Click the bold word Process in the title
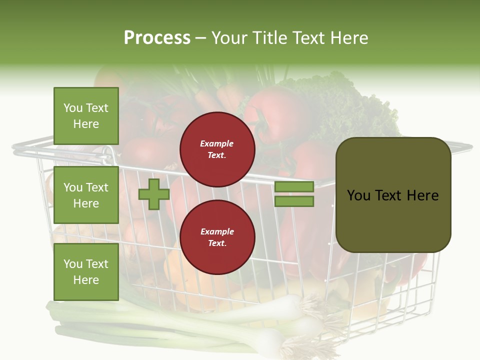pyautogui.click(x=157, y=38)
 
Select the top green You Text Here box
pyautogui.click(x=86, y=116)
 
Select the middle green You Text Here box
pyautogui.click(x=86, y=195)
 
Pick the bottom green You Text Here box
pyautogui.click(x=86, y=272)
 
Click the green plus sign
pyautogui.click(x=154, y=194)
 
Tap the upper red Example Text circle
pyautogui.click(x=217, y=149)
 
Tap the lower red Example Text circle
pyautogui.click(x=217, y=237)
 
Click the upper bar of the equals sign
pyautogui.click(x=294, y=186)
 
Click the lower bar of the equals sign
pyautogui.click(x=294, y=201)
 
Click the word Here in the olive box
pyautogui.click(x=422, y=195)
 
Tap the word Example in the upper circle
pyautogui.click(x=217, y=144)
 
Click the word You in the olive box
pyautogui.click(x=358, y=195)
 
